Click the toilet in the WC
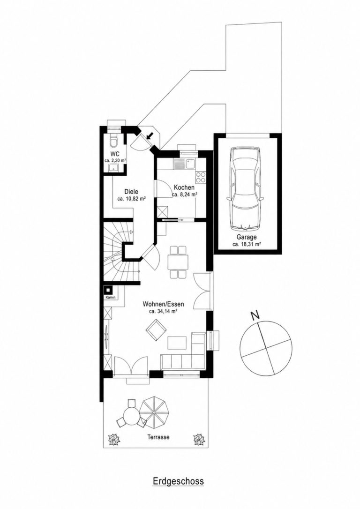point(114,141)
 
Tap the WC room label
point(115,154)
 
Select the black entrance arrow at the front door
point(150,135)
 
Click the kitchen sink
point(184,164)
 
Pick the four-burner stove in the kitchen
point(201,177)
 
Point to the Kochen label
point(184,187)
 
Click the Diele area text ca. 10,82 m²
point(131,199)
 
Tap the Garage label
point(247,237)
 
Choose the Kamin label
point(110,297)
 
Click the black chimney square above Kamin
point(109,290)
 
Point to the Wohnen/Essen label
point(163,304)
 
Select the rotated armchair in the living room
point(156,329)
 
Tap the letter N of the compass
point(255,315)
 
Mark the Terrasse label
point(158,437)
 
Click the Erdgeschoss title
point(178,481)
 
